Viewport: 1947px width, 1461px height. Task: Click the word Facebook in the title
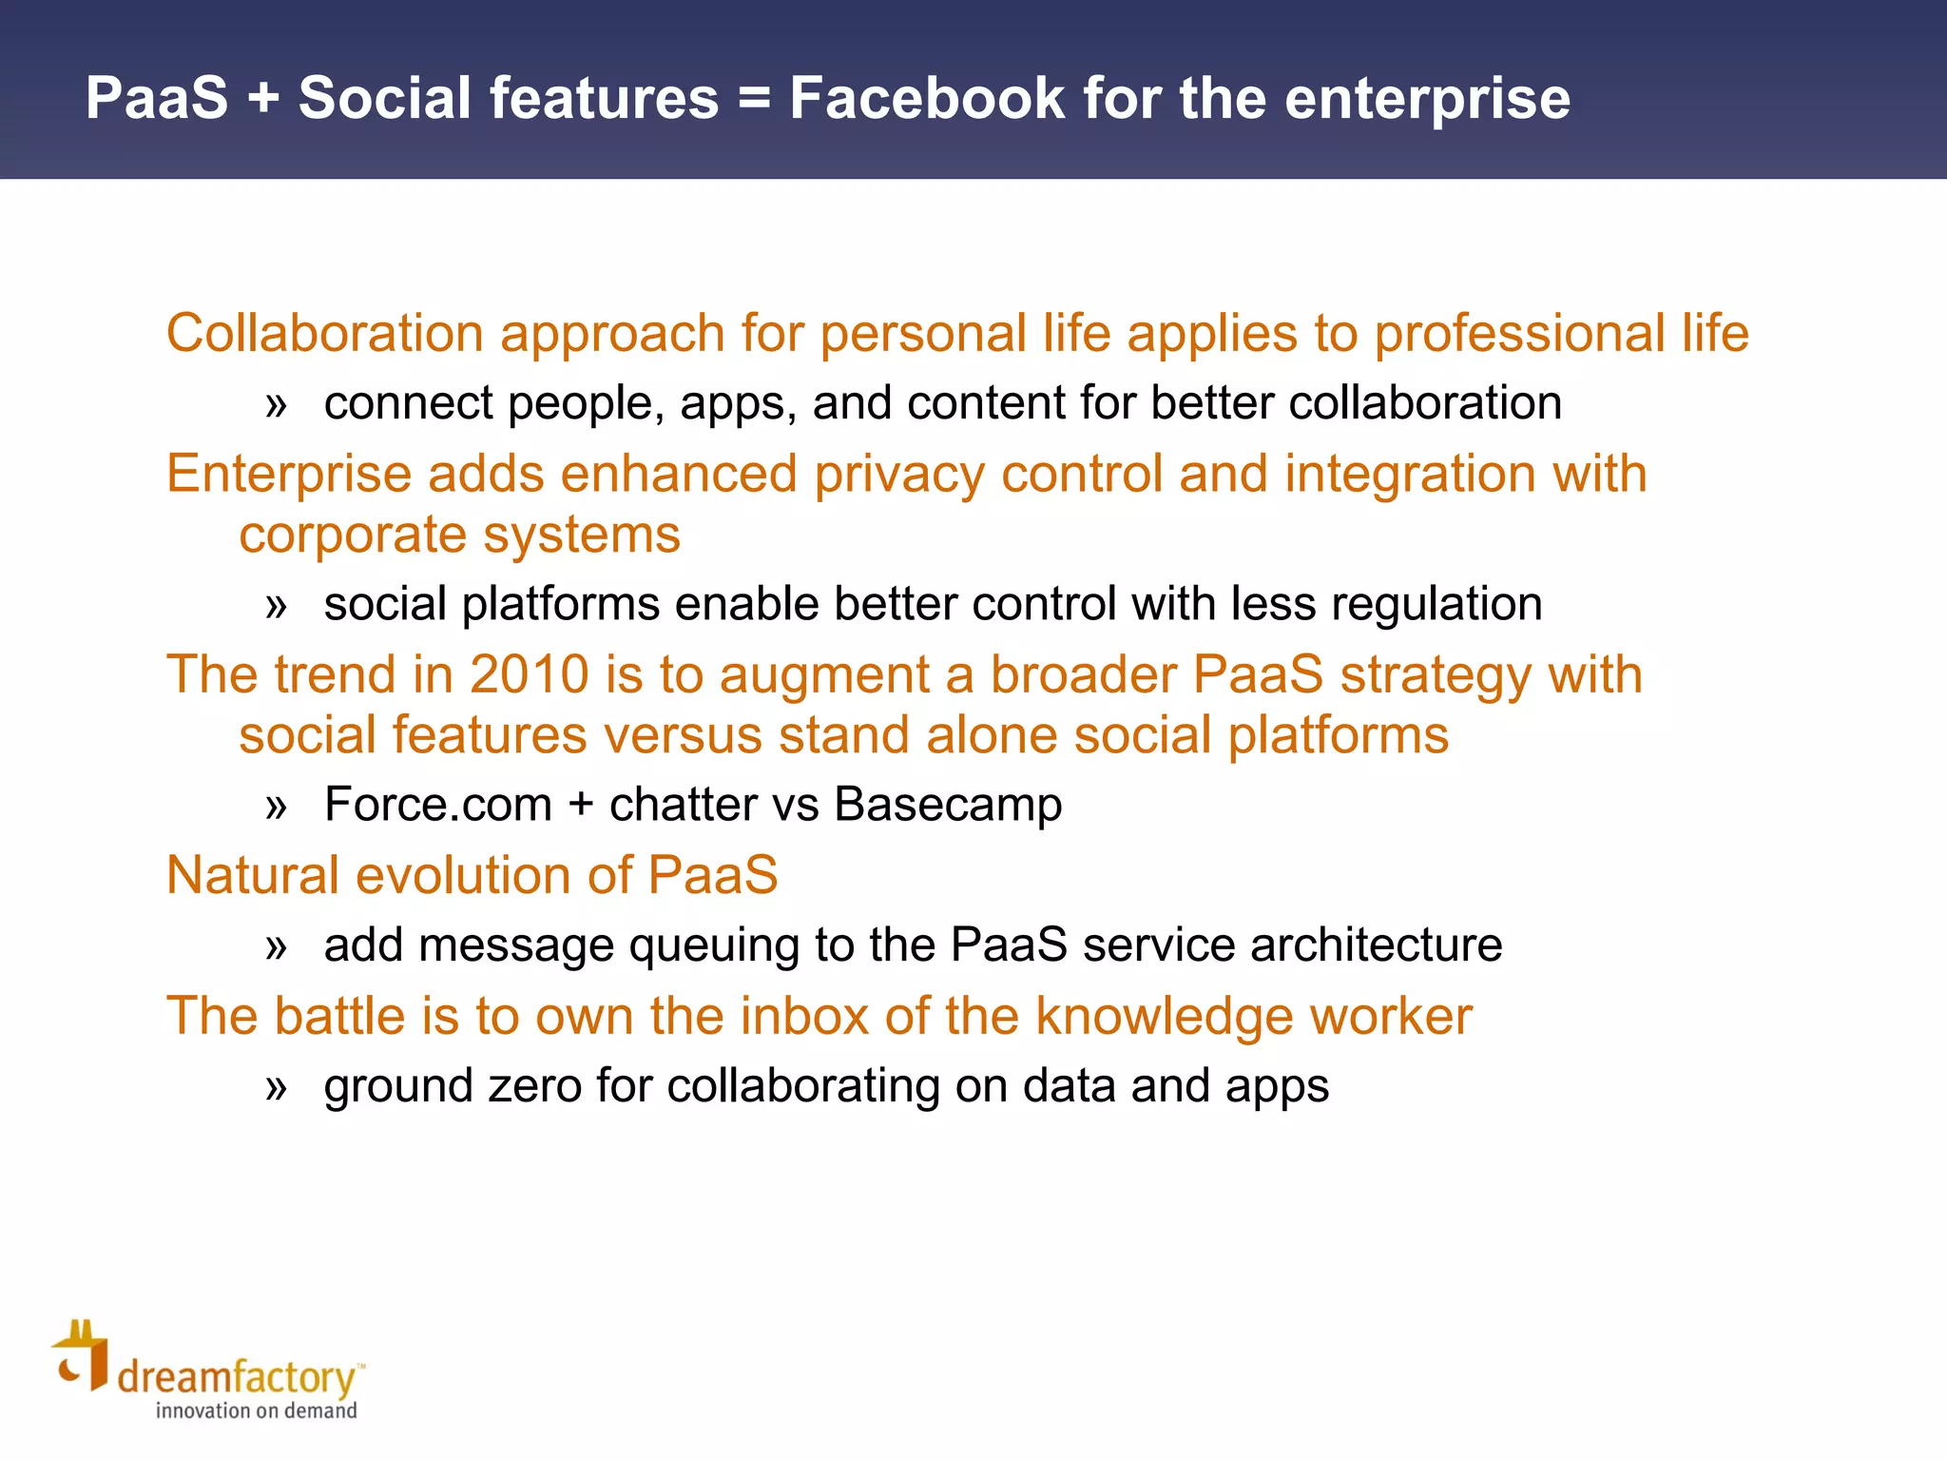927,98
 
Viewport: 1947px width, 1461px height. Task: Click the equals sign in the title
754,100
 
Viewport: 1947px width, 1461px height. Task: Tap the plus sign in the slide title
263,100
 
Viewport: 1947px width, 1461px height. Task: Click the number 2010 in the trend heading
530,674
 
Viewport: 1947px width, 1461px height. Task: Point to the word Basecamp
948,805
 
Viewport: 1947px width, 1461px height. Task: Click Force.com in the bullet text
437,805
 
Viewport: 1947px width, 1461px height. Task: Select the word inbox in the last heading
804,1016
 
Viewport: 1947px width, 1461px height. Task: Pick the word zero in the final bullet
533,1086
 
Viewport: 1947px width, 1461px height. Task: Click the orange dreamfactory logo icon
81,1356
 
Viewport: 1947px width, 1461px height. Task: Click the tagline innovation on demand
256,1411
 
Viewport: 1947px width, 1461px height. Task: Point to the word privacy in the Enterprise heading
898,474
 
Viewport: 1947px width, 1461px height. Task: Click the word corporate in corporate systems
353,535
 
